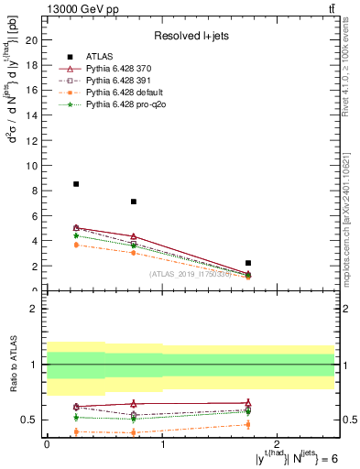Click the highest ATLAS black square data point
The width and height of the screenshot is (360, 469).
click(x=76, y=184)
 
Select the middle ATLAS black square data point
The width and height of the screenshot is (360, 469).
click(x=134, y=202)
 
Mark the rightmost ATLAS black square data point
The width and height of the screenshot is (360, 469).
click(x=248, y=263)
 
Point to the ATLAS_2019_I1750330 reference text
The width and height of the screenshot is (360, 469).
click(x=203, y=274)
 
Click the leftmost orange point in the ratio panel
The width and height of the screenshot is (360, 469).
click(x=76, y=431)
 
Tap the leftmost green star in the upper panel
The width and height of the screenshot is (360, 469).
click(x=76, y=236)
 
